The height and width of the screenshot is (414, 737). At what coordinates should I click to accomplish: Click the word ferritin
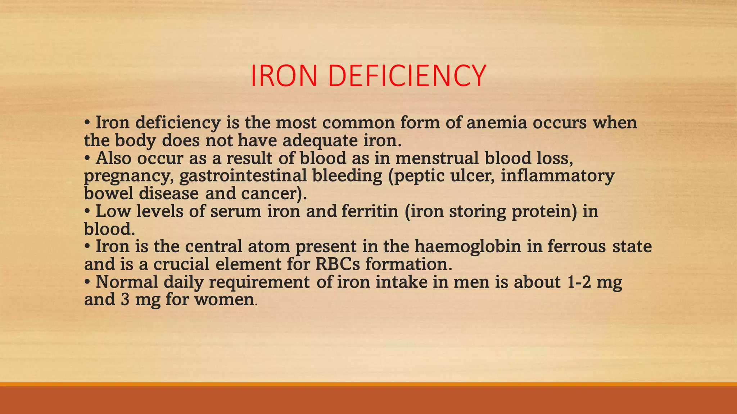point(370,211)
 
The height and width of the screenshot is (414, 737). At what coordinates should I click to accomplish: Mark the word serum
point(236,211)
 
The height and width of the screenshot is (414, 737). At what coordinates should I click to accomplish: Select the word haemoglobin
point(468,247)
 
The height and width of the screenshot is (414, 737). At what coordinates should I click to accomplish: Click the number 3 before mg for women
point(125,299)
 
